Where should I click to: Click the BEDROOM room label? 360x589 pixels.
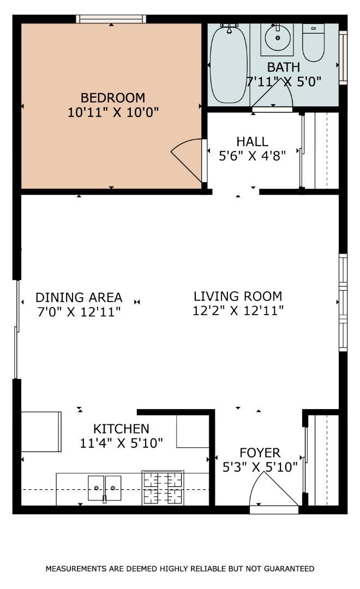point(113,98)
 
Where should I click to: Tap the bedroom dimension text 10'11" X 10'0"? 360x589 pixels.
point(113,112)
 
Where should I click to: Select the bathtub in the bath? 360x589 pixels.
point(229,63)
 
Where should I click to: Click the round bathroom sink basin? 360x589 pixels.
point(278,38)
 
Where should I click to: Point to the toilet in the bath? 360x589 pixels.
point(314,42)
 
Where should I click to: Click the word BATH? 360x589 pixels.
point(284,67)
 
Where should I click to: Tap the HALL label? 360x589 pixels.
point(253,142)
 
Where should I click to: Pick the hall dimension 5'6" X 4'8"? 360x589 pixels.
point(253,155)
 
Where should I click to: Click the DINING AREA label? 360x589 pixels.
point(79,298)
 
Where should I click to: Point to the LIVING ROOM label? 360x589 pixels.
point(238,296)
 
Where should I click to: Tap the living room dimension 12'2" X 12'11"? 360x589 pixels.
point(238,311)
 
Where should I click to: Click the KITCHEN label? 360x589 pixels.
point(122,429)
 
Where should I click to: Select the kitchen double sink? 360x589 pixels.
point(105,488)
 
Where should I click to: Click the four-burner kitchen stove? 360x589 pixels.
point(163,488)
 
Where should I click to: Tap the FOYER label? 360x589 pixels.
point(260,453)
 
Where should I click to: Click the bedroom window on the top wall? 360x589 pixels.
point(111,19)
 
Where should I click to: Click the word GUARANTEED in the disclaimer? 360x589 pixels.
point(289,569)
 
